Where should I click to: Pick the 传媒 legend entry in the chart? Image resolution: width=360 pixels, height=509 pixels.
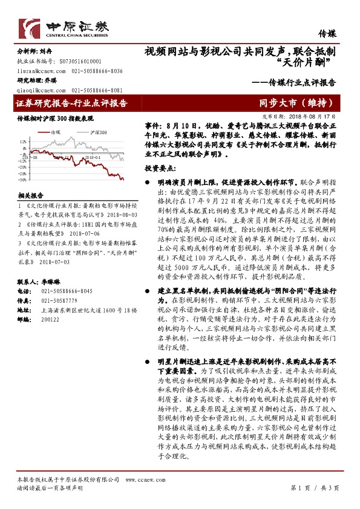[54, 131]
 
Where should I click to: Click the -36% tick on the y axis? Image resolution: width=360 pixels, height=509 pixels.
[22, 180]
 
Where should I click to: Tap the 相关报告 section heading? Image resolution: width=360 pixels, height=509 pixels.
[30, 196]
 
